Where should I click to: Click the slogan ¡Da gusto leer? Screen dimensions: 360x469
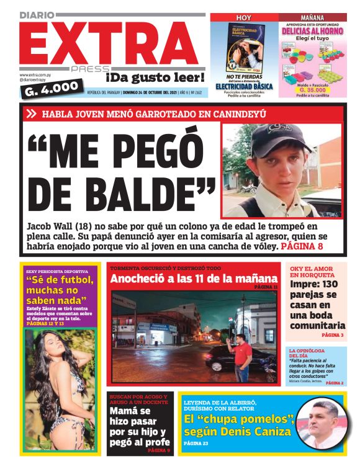[155, 78]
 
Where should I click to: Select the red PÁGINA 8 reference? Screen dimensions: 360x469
[302, 246]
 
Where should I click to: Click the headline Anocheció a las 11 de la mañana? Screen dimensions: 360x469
[193, 279]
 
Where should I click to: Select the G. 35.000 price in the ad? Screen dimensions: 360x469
[312, 89]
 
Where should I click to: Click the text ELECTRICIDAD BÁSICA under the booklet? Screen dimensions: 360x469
[244, 86]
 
